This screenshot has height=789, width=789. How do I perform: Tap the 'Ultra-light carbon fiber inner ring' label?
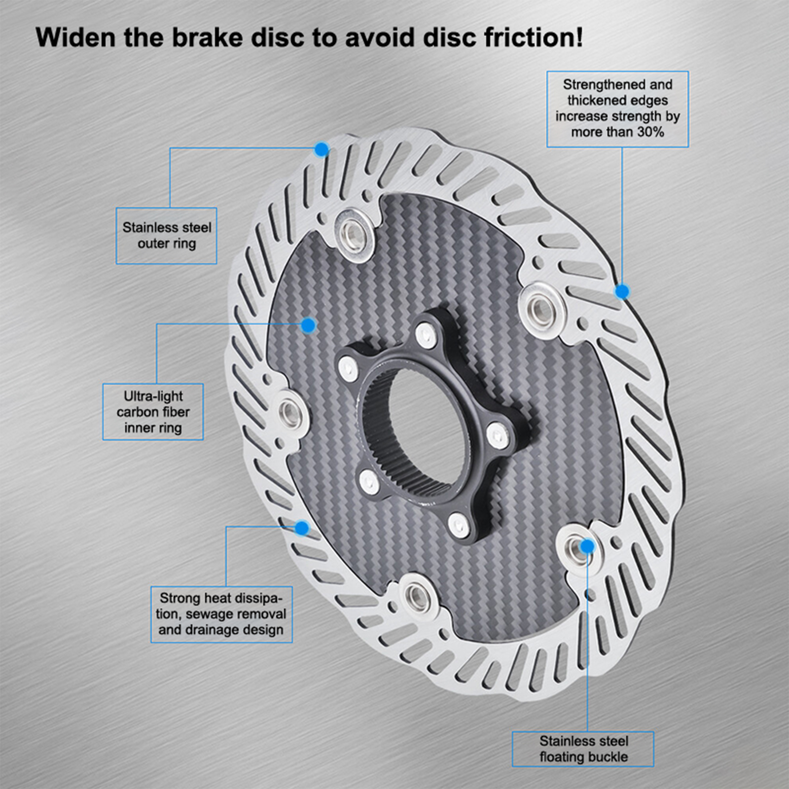(x=153, y=412)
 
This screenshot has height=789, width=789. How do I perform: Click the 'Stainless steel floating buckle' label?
(x=583, y=749)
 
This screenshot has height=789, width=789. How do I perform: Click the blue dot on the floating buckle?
(x=587, y=546)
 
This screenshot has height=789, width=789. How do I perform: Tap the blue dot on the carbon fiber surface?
(x=308, y=325)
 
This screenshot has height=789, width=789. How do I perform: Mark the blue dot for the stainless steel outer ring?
(x=322, y=149)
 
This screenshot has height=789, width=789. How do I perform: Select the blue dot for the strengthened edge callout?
(x=622, y=292)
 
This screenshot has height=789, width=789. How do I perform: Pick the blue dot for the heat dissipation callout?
(x=302, y=528)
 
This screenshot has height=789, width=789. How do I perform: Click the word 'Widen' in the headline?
(x=75, y=37)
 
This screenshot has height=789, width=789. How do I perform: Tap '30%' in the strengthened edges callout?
(x=650, y=132)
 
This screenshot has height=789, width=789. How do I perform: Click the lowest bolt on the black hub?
(x=459, y=525)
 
